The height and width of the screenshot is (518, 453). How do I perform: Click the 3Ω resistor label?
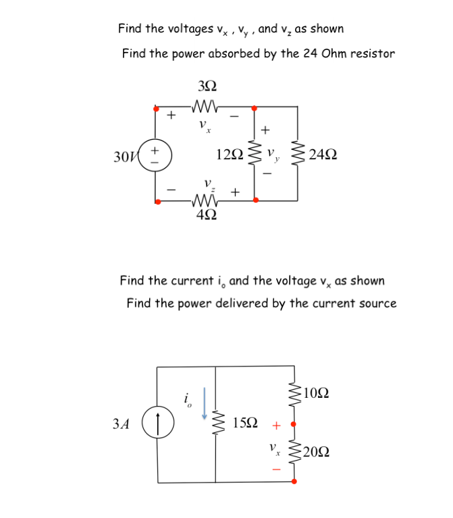[x=208, y=86]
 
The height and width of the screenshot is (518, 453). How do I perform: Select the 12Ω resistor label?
[x=230, y=155]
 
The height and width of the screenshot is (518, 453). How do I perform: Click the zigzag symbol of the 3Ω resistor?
[x=207, y=107]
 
